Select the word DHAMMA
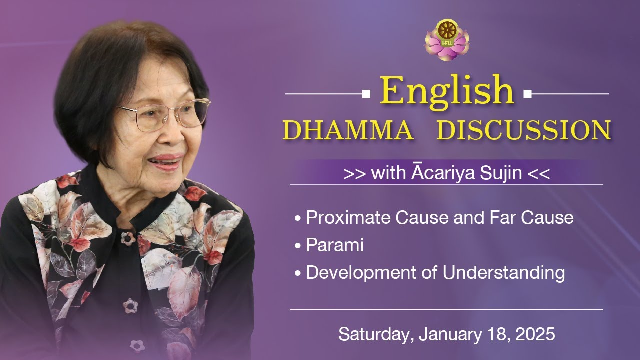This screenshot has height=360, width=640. click(348, 130)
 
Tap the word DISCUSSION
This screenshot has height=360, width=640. click(523, 130)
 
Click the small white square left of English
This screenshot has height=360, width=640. click(366, 93)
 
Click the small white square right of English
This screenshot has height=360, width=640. click(527, 93)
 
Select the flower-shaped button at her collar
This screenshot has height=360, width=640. click(128, 238)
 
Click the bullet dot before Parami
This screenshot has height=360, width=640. click(298, 246)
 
